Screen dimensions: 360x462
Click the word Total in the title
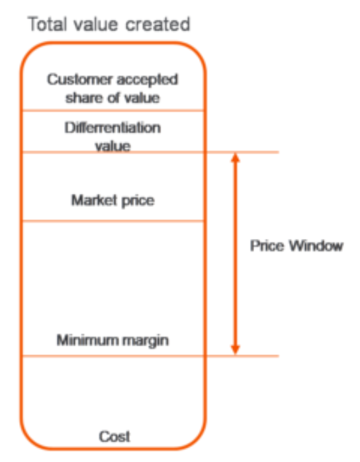pyautogui.click(x=47, y=24)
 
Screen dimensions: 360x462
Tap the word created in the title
pyautogui.click(x=158, y=24)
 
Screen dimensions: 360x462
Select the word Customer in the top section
pyautogui.click(x=80, y=79)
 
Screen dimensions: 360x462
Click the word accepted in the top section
pyautogui.click(x=148, y=80)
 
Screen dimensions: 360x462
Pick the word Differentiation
pyautogui.click(x=113, y=128)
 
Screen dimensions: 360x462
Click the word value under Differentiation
pyautogui.click(x=113, y=146)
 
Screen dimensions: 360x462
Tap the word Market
pyautogui.click(x=94, y=200)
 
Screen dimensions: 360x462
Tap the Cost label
pyautogui.click(x=114, y=436)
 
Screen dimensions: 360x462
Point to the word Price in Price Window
pyautogui.click(x=267, y=245)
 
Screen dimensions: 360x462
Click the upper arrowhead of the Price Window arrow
pyautogui.click(x=235, y=158)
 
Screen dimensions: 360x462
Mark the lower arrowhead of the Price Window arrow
pyautogui.click(x=235, y=349)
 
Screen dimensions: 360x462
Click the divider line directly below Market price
pyautogui.click(x=113, y=220)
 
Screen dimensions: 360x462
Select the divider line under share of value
pyautogui.click(x=113, y=111)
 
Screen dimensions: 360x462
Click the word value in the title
pyautogui.click(x=96, y=24)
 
